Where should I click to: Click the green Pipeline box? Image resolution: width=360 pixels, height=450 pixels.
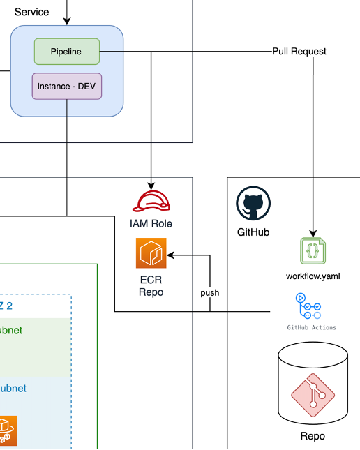66,52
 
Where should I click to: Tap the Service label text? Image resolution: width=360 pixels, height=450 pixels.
31,12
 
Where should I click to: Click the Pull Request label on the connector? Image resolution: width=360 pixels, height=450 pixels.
299,52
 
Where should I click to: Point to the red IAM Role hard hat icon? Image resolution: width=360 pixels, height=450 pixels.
151,202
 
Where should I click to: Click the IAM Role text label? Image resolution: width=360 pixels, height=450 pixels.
151,223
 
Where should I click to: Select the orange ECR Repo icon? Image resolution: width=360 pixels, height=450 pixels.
151,253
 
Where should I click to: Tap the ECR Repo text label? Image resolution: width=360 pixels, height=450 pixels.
151,286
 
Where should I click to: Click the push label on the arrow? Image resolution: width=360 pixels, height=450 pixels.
209,293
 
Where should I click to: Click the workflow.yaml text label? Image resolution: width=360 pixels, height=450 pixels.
313,276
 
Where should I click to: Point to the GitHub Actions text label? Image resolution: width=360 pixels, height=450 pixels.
312,327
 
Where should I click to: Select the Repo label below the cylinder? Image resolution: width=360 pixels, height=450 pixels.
312,436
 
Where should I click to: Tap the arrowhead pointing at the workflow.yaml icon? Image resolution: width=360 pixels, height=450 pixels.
313,233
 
